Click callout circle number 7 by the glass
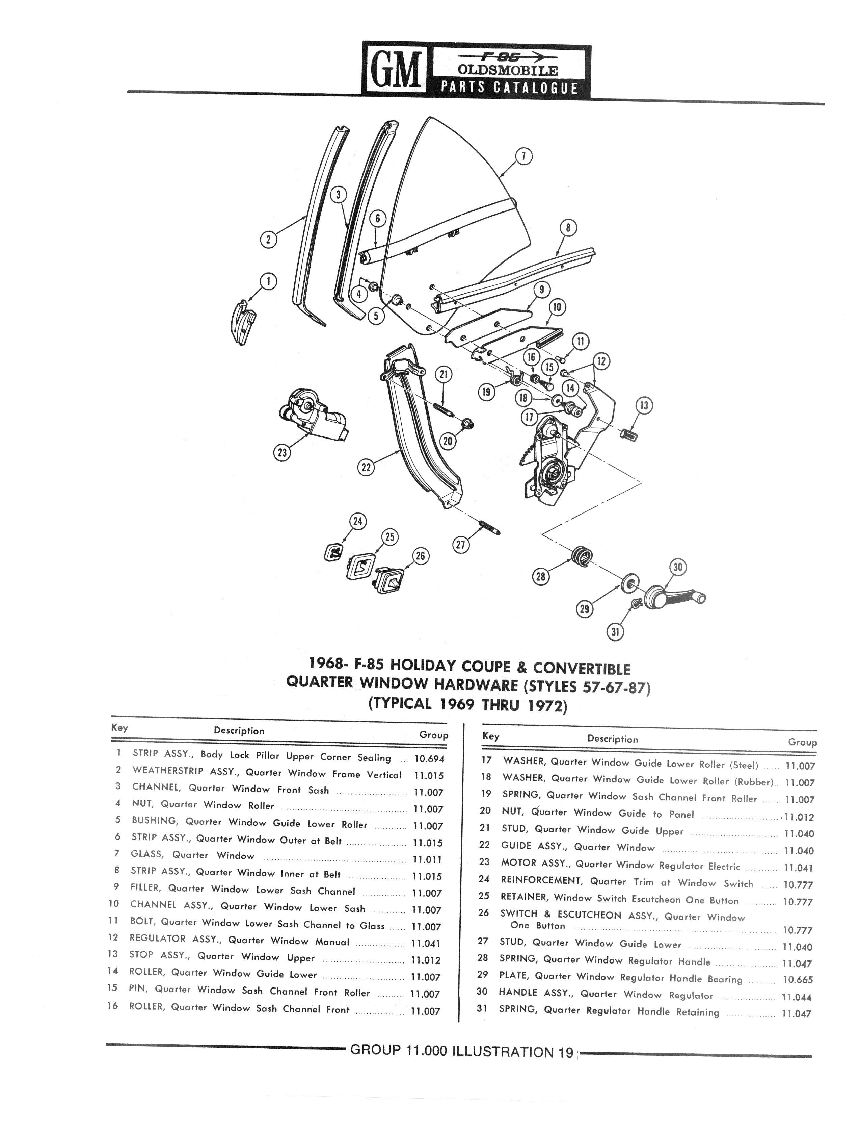(x=524, y=156)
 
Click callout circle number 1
(x=268, y=281)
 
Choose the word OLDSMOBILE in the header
(x=500, y=71)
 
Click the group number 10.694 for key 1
(x=429, y=759)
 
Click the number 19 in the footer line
(x=565, y=1052)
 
